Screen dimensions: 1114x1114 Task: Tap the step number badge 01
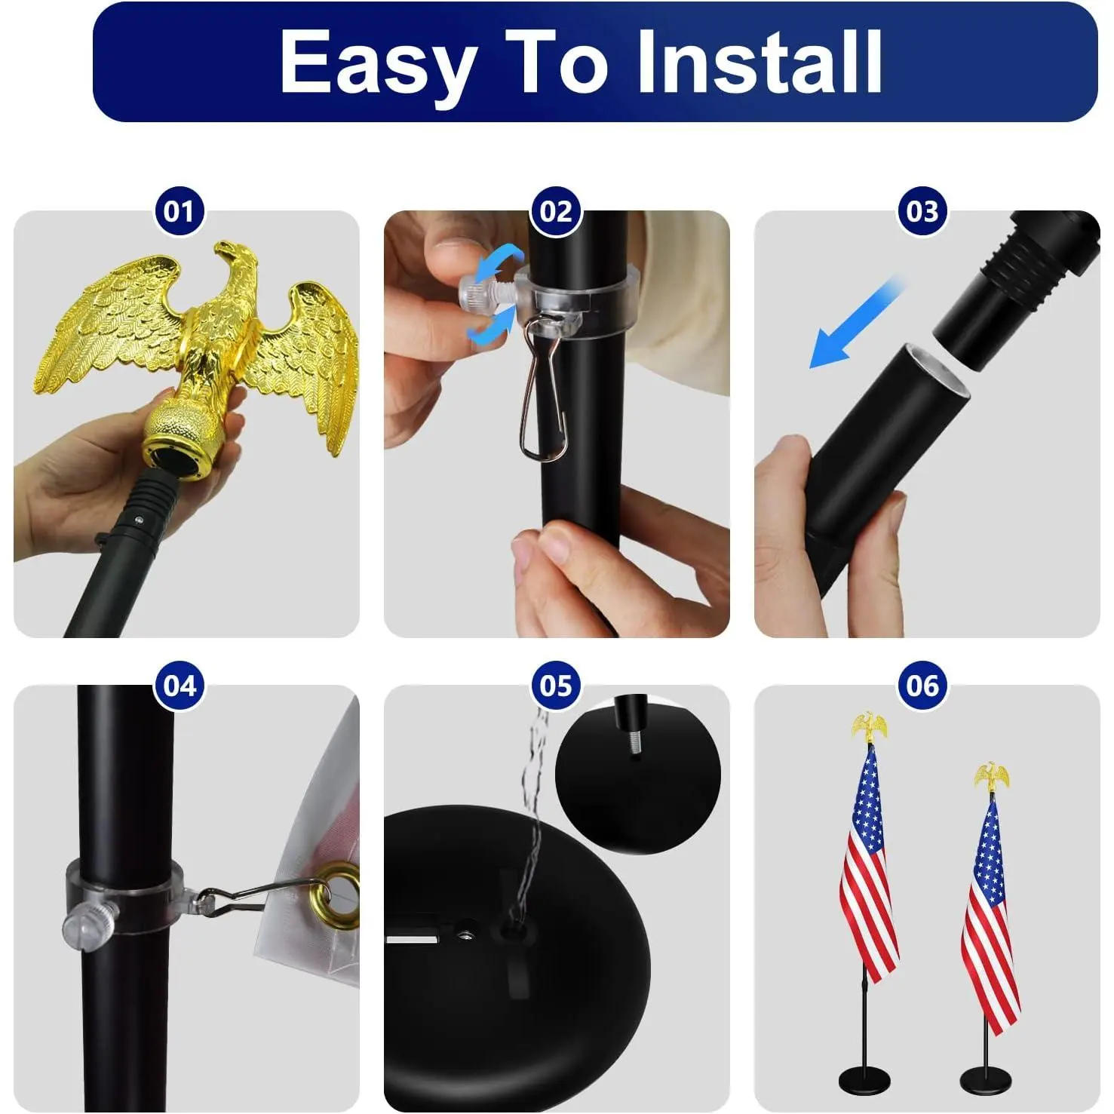180,211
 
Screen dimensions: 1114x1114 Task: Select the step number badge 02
557,211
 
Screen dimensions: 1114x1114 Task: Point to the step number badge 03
922,211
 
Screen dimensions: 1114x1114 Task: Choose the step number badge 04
180,686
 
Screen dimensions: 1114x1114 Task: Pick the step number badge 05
557,686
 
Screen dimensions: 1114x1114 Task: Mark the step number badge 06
922,686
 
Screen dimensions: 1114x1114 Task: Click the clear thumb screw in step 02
487,291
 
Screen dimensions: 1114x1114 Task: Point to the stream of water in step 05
531,815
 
